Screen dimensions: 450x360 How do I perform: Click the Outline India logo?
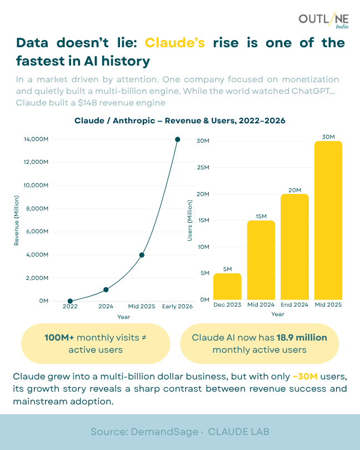coord(324,22)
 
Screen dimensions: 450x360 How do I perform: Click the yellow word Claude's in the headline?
coord(175,43)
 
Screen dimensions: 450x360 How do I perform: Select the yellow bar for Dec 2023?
coord(227,286)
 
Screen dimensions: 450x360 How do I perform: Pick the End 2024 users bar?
coord(294,247)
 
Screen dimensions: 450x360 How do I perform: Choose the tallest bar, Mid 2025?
coord(328,220)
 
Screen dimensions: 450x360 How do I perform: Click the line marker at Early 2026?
coord(178,139)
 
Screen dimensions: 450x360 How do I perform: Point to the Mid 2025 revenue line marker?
coord(142,255)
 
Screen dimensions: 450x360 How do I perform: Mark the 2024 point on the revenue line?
coord(106,289)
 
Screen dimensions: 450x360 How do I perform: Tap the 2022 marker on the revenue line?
coord(70,301)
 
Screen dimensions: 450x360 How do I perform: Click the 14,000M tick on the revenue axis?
coord(36,139)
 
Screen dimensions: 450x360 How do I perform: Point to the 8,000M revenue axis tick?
coord(37,209)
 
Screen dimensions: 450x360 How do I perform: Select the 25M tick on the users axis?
coord(203,167)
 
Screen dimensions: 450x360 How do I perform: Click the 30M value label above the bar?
coord(328,136)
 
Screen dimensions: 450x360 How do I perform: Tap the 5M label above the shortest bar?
coord(227,268)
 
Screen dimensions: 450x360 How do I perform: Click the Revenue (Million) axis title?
coord(17,220)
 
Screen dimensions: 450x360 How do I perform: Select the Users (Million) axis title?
coord(189,221)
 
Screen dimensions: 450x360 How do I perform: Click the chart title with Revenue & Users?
coord(180,120)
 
